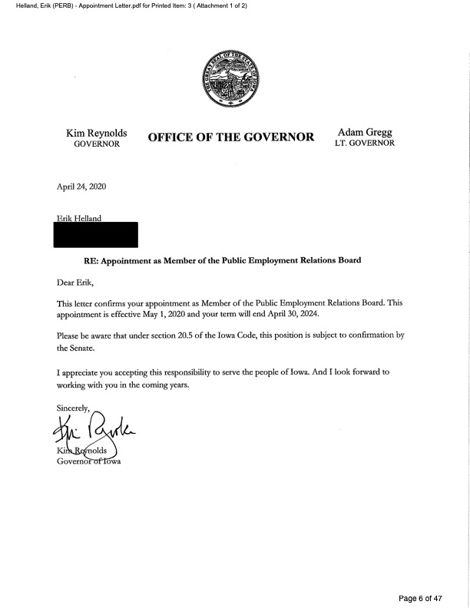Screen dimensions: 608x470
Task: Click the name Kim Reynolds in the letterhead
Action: (96, 133)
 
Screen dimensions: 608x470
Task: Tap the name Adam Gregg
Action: (365, 132)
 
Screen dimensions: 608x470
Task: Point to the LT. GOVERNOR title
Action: (365, 144)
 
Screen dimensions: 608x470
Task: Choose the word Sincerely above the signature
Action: (73, 407)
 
